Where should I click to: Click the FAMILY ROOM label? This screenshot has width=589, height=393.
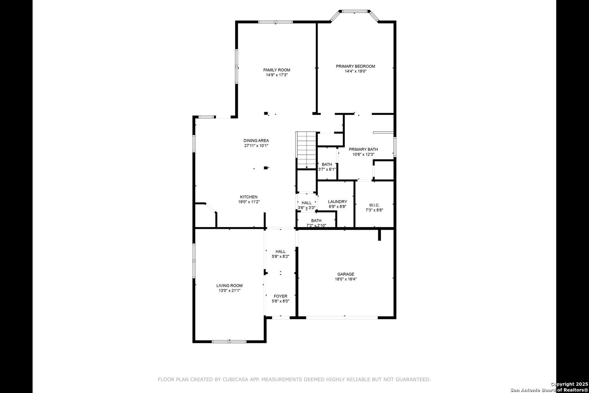click(x=277, y=70)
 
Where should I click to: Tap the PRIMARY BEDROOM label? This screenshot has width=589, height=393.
click(x=356, y=66)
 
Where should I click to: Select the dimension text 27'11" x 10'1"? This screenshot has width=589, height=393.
click(x=256, y=146)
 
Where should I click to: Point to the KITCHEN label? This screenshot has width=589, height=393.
click(x=249, y=197)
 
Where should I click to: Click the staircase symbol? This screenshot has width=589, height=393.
click(x=306, y=150)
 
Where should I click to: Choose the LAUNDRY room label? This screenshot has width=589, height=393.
click(x=337, y=202)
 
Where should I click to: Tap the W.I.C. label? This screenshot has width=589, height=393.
click(x=374, y=205)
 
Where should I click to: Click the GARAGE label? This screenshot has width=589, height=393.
click(x=346, y=274)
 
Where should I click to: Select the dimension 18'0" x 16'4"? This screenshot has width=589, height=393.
click(x=346, y=279)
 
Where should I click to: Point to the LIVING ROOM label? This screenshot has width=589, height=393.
click(x=229, y=286)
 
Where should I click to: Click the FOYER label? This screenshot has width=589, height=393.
click(x=281, y=296)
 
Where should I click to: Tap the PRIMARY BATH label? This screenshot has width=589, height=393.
click(x=363, y=150)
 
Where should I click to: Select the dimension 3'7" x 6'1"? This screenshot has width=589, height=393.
click(x=327, y=170)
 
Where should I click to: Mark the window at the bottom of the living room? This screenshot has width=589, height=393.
click(x=229, y=342)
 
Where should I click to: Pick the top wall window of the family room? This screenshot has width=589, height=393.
click(x=275, y=22)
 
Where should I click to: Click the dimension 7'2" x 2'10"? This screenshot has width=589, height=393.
click(x=316, y=226)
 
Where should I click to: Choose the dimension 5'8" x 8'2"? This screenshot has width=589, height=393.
click(x=281, y=257)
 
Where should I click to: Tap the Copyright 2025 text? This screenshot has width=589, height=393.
click(x=569, y=384)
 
